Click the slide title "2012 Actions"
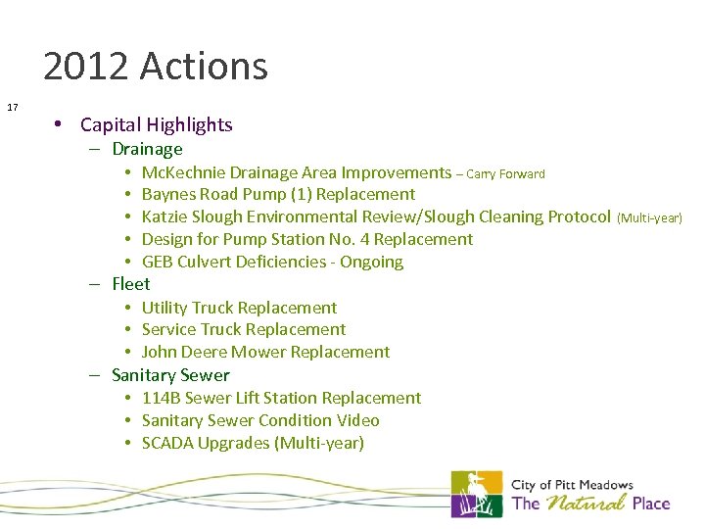point(155,67)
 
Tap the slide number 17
point(13,106)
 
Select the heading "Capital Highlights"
point(156,124)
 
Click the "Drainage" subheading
point(147,149)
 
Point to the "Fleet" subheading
point(131,284)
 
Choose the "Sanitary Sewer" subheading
point(170,375)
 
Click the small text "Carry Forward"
point(506,174)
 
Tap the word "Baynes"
point(168,194)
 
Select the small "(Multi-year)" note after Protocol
point(649,217)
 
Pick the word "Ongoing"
point(371,262)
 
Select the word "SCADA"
point(167,443)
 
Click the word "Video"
point(357,420)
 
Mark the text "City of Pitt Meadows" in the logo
point(572,485)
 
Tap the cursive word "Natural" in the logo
point(585,505)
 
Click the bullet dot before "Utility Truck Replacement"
point(128,308)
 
